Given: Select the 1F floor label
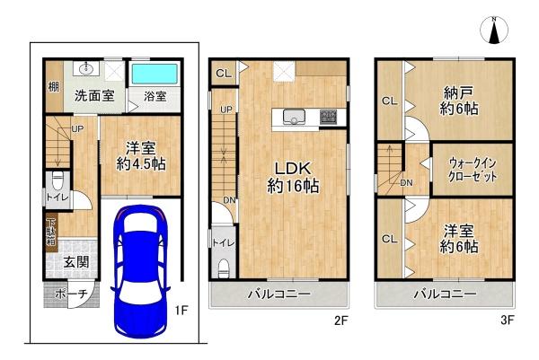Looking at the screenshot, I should click(x=181, y=311).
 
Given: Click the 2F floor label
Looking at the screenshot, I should click(x=342, y=320).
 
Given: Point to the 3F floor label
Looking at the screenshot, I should click(x=508, y=320).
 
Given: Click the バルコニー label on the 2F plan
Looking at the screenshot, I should click(x=278, y=294).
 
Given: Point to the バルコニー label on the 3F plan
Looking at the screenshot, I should click(x=445, y=294).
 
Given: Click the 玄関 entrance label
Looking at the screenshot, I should click(x=75, y=262).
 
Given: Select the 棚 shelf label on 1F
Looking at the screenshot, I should click(x=54, y=88).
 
